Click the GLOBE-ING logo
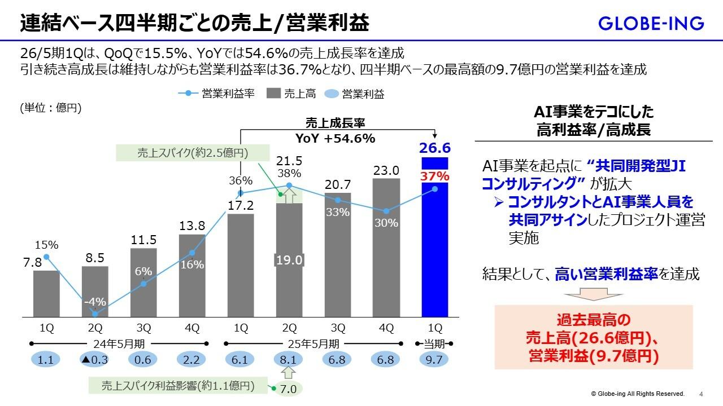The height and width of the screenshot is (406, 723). (651, 23)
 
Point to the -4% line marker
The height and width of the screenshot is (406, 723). (95, 314)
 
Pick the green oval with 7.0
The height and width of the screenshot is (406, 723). (288, 389)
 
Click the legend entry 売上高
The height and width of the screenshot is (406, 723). (293, 94)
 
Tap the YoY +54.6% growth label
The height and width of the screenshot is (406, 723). (336, 139)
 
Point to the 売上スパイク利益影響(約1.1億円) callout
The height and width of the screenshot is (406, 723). (177, 386)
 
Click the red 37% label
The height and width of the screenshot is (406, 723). (434, 176)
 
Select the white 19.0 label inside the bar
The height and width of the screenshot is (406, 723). (290, 260)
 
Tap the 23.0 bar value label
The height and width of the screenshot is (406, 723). (387, 170)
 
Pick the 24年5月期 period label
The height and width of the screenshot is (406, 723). (119, 343)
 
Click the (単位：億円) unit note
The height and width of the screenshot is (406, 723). (51, 108)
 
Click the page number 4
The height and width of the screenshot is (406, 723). (701, 394)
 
